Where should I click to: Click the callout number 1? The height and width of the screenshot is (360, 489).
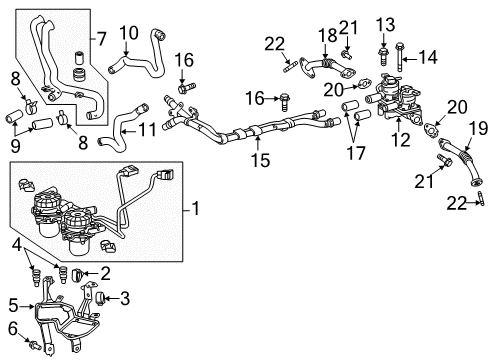(x=196, y=211)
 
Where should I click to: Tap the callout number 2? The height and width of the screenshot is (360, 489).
(x=104, y=273)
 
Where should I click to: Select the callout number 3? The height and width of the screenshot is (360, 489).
(x=127, y=298)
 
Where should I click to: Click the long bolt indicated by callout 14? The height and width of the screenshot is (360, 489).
(x=400, y=59)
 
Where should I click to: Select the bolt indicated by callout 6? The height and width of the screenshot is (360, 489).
(x=36, y=347)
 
